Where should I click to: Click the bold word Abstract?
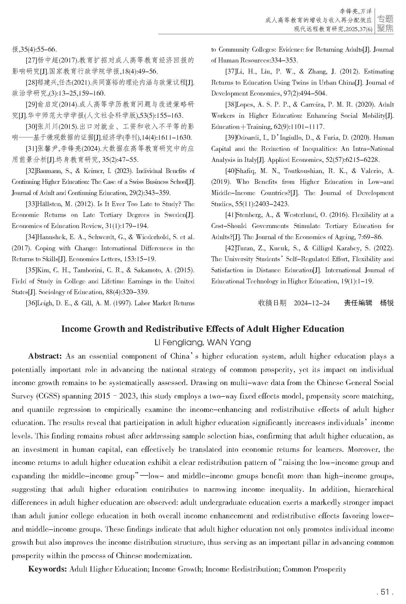click(45, 356)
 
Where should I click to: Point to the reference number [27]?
click(31, 60)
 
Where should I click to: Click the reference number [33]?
click(31, 204)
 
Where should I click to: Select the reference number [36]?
click(31, 303)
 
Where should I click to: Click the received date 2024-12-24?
click(312, 303)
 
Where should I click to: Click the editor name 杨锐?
click(387, 303)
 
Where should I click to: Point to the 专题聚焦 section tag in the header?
click(385, 23)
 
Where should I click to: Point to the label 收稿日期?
click(272, 303)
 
